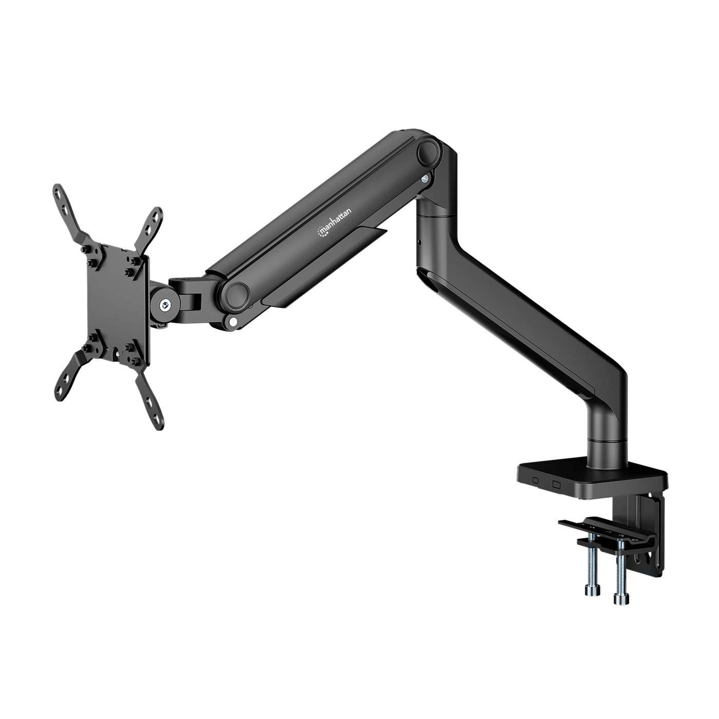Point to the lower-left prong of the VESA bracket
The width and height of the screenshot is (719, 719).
tap(69, 369)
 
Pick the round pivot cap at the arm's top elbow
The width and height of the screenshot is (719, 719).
tap(430, 152)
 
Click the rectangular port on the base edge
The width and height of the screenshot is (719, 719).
tap(556, 483)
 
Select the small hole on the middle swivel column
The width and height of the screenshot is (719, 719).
tap(420, 240)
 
